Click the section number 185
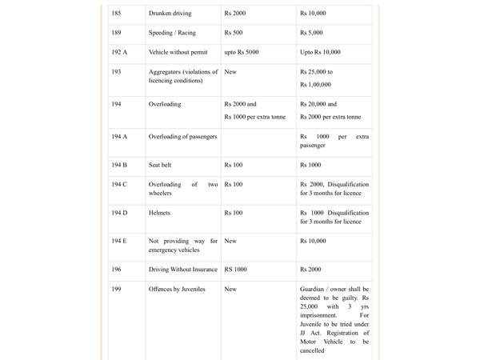(117, 14)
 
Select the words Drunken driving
(170, 14)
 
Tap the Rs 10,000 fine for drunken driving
(313, 14)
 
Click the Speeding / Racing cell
(172, 33)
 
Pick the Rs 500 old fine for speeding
(234, 33)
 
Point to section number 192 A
(119, 52)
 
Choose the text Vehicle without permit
(178, 52)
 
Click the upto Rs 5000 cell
(242, 52)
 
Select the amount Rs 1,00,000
(316, 85)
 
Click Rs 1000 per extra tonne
(255, 117)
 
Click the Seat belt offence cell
(160, 165)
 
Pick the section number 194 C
(119, 185)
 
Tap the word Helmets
(161, 213)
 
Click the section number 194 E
(119, 241)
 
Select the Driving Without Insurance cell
(183, 270)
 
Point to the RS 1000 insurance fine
(236, 270)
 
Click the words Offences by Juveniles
(177, 289)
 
